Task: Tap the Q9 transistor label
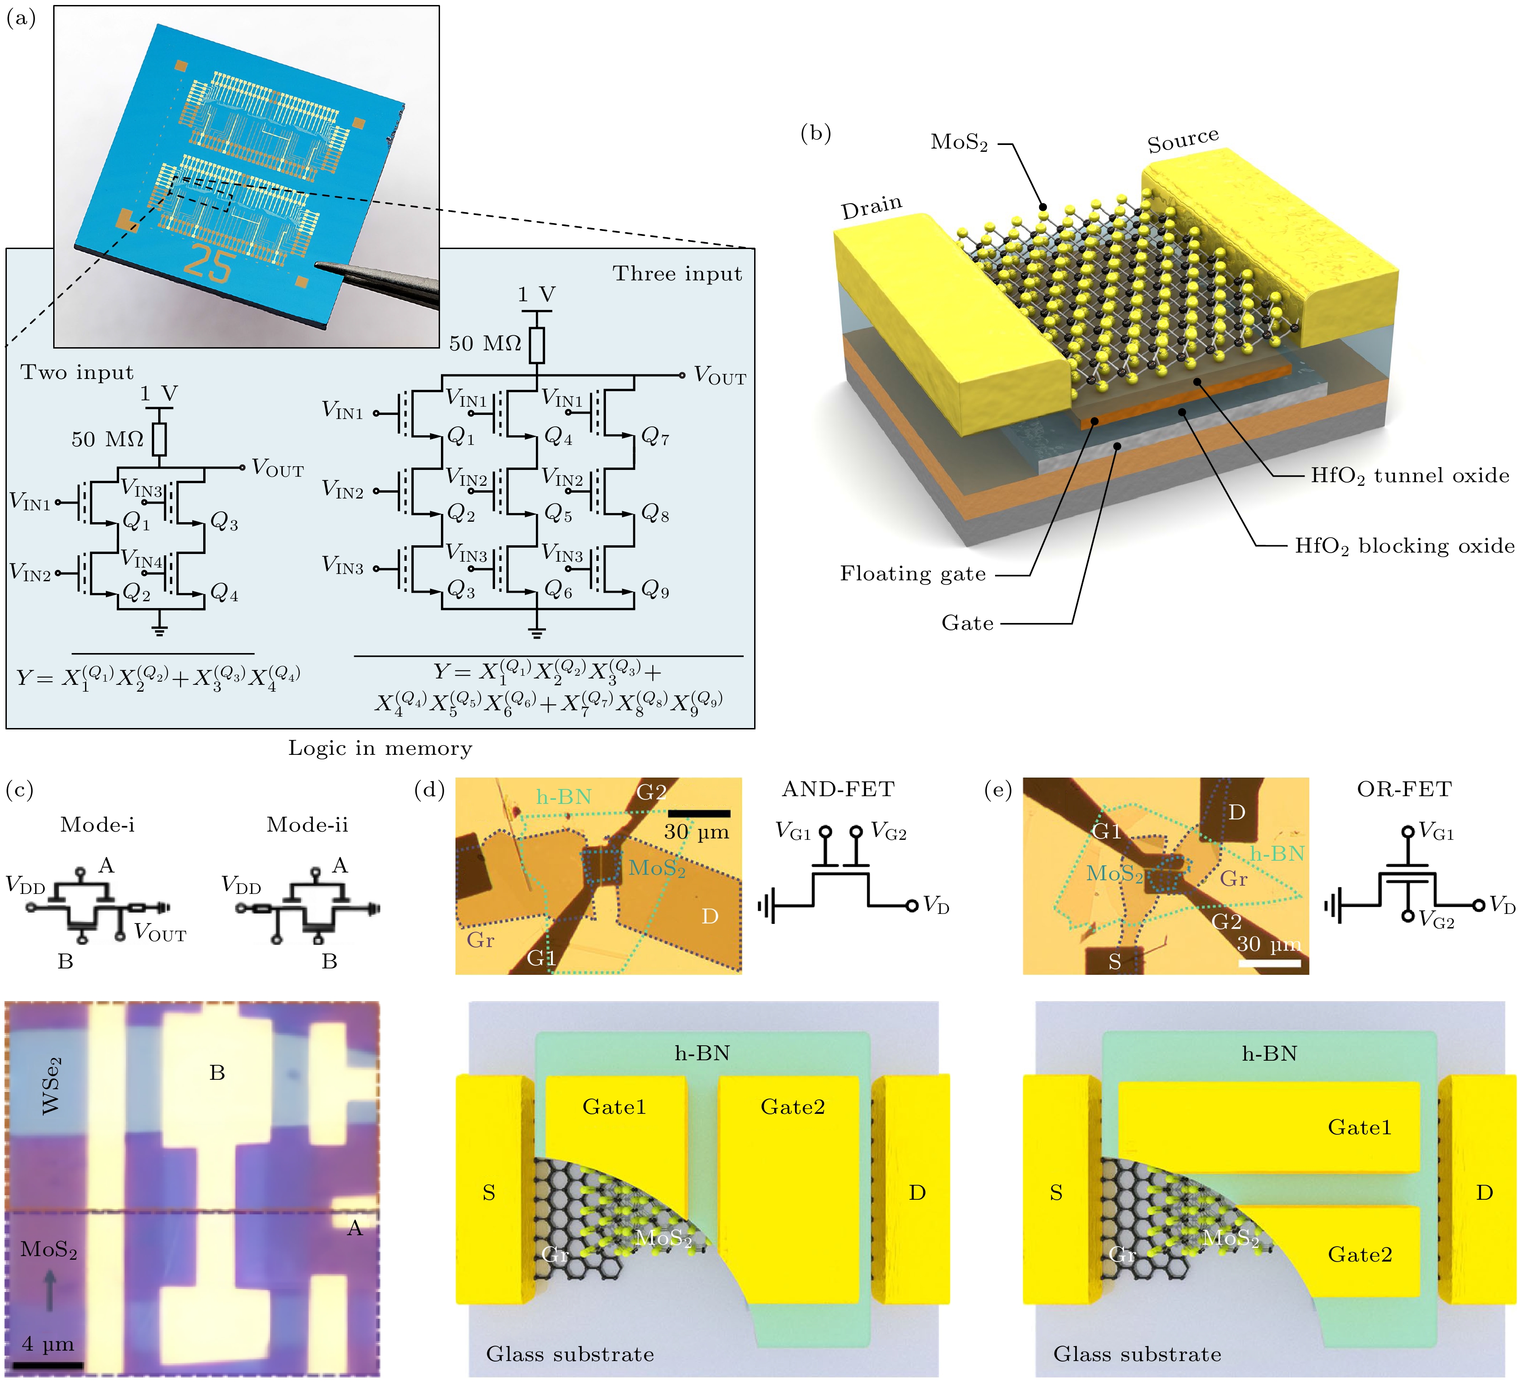655,591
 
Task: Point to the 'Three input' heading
677,274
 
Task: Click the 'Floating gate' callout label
913,574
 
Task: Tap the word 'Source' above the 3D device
1182,140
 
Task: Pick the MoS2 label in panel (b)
959,142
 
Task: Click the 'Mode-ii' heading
307,824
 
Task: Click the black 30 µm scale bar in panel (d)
699,813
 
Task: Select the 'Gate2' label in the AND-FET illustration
792,1107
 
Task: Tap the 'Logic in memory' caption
380,748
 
